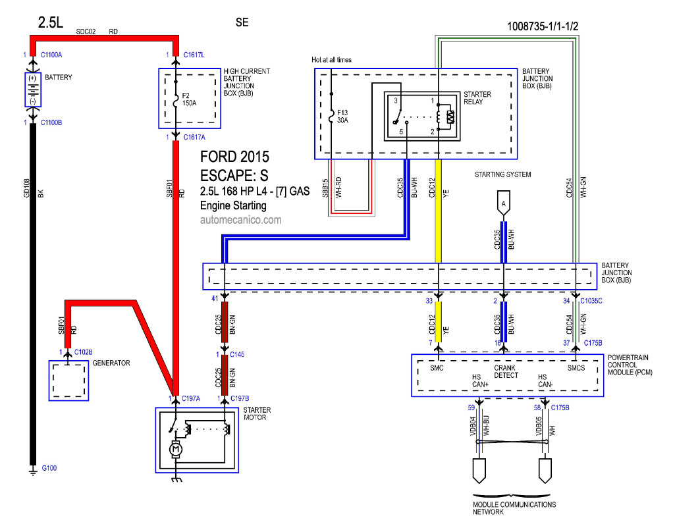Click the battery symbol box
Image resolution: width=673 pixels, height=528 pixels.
[33, 90]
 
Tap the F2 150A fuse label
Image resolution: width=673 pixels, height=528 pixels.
[189, 99]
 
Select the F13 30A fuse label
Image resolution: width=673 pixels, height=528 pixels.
[342, 117]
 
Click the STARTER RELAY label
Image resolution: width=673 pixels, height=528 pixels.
[477, 98]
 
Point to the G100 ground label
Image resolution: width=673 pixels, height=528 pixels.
[49, 468]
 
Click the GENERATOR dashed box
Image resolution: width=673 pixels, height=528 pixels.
[68, 381]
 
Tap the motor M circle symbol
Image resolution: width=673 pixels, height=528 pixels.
[175, 450]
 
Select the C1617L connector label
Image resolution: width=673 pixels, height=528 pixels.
[194, 55]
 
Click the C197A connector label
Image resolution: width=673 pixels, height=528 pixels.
[190, 398]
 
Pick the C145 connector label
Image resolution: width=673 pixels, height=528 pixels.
[237, 355]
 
